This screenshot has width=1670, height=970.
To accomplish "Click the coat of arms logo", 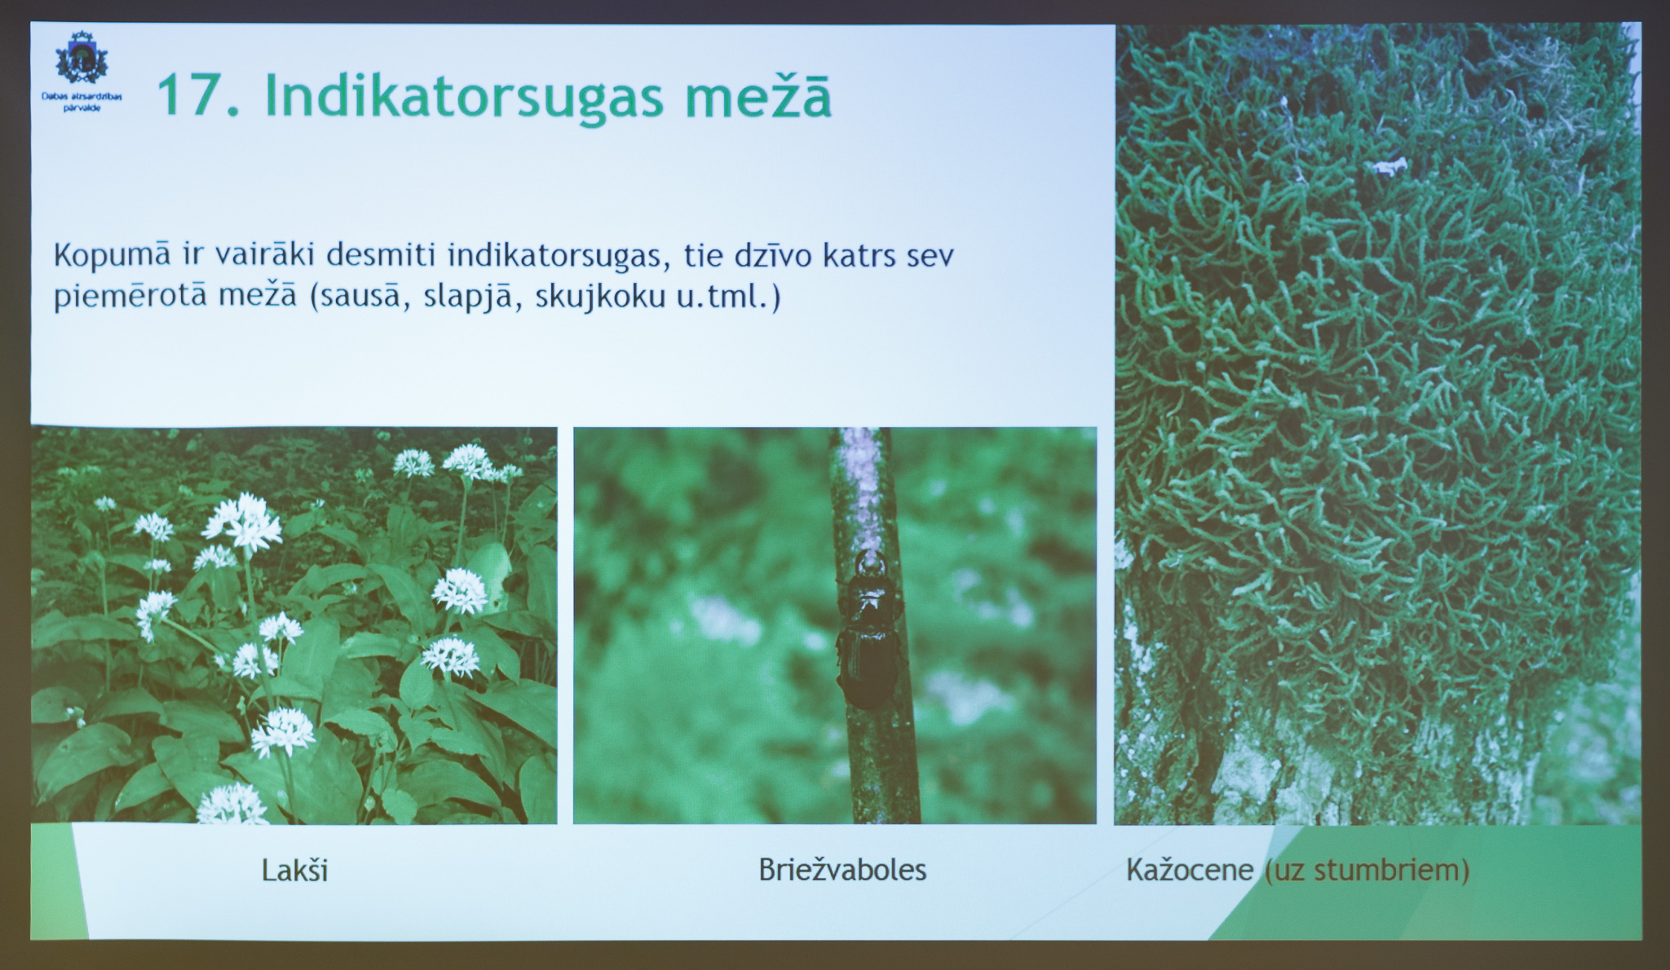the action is [81, 58].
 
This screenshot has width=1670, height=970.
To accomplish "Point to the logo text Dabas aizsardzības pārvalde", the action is [82, 102].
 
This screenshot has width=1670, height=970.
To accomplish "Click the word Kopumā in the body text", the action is [113, 256].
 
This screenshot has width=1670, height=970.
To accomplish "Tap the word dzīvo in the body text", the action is [773, 256].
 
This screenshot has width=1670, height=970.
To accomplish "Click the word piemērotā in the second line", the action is [130, 297].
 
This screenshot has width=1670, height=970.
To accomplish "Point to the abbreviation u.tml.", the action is [722, 297].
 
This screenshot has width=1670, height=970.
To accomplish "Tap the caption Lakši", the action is [294, 871].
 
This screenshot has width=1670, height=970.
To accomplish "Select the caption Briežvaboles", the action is [842, 870].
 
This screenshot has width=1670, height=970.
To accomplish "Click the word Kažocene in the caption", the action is [1190, 870].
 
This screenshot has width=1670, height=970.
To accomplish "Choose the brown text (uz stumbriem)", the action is [1367, 871].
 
